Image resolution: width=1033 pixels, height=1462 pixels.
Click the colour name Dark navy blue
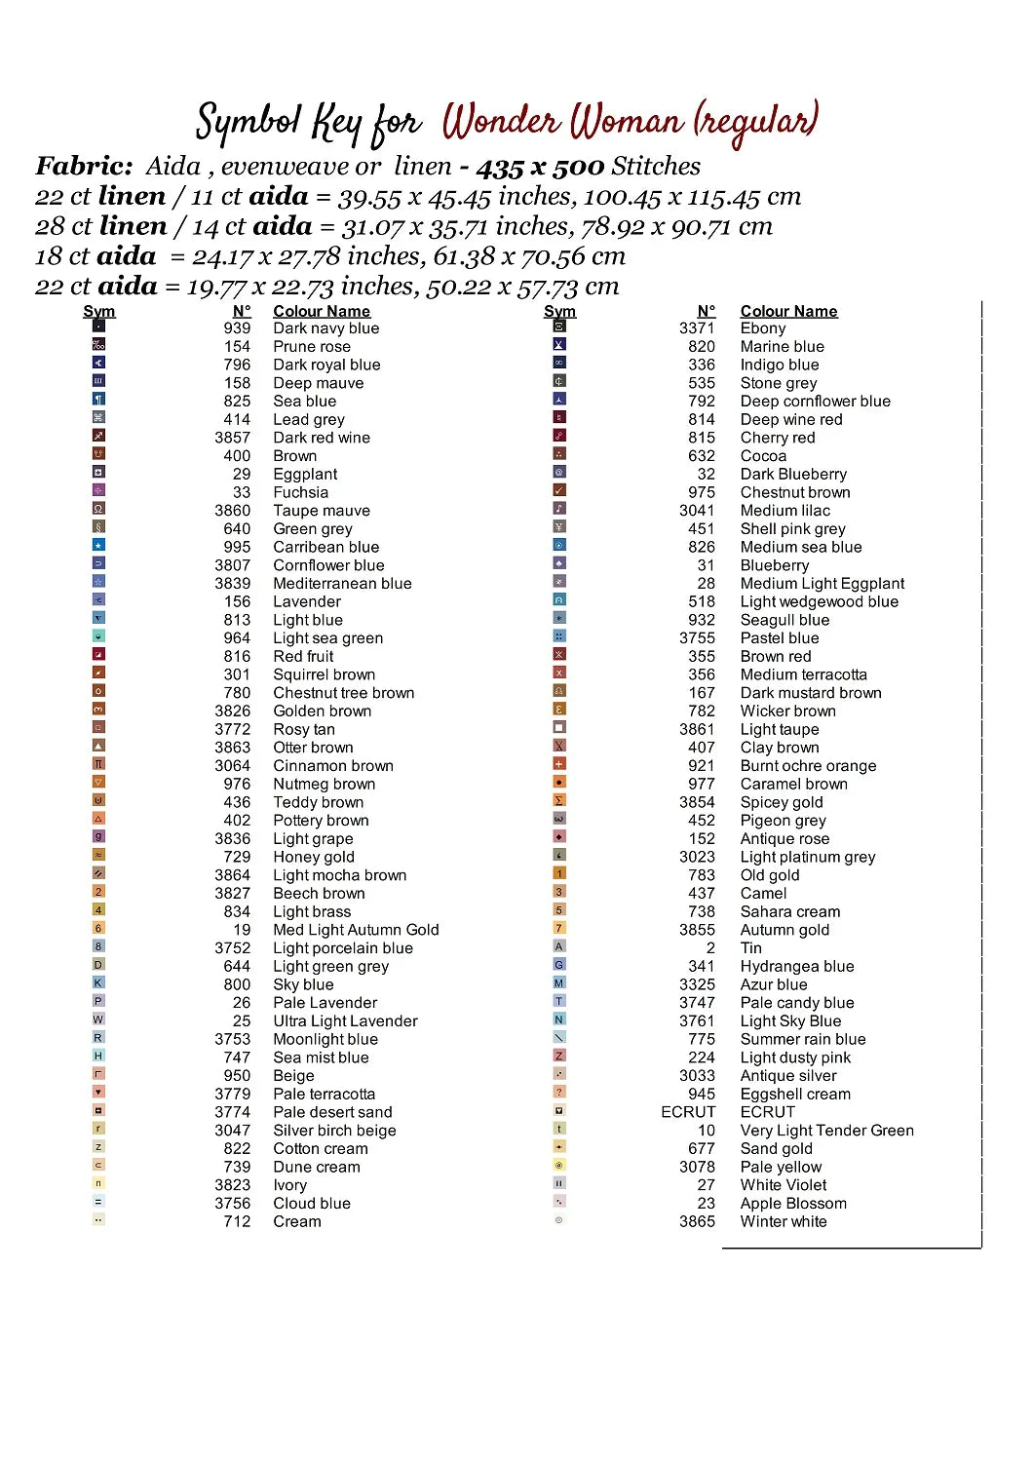pyautogui.click(x=325, y=328)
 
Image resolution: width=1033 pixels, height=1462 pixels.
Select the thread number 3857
pyautogui.click(x=232, y=438)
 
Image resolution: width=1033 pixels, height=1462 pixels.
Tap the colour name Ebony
pyautogui.click(x=762, y=328)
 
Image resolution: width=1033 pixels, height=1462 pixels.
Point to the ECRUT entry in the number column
pyautogui.click(x=688, y=1112)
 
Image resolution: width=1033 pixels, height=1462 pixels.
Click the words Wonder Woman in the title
pyautogui.click(x=562, y=123)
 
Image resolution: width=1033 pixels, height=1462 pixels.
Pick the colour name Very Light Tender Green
pyautogui.click(x=826, y=1131)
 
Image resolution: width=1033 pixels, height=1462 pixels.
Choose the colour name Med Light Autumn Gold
pyautogui.click(x=356, y=930)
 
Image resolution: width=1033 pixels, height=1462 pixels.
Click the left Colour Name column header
pyautogui.click(x=322, y=311)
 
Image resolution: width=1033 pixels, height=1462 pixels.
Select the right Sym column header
pyautogui.click(x=559, y=311)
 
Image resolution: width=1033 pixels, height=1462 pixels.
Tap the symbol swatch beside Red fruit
pyautogui.click(x=98, y=655)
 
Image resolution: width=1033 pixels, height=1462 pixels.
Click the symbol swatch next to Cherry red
pyautogui.click(x=559, y=436)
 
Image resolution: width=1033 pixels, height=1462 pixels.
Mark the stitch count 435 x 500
pyautogui.click(x=540, y=167)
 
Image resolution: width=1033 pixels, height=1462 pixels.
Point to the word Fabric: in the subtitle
pyautogui.click(x=84, y=167)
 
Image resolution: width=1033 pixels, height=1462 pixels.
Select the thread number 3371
pyautogui.click(x=697, y=328)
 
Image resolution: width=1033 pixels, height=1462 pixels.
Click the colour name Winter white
pyautogui.click(x=783, y=1221)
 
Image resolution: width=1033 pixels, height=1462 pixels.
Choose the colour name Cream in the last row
pyautogui.click(x=296, y=1221)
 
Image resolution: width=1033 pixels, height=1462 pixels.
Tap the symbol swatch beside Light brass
pyautogui.click(x=98, y=910)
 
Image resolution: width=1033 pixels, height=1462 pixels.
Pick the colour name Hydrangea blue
pyautogui.click(x=796, y=966)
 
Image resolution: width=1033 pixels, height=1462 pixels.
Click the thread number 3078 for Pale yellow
pyautogui.click(x=697, y=1167)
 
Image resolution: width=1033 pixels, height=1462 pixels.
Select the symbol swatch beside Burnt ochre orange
pyautogui.click(x=559, y=764)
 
